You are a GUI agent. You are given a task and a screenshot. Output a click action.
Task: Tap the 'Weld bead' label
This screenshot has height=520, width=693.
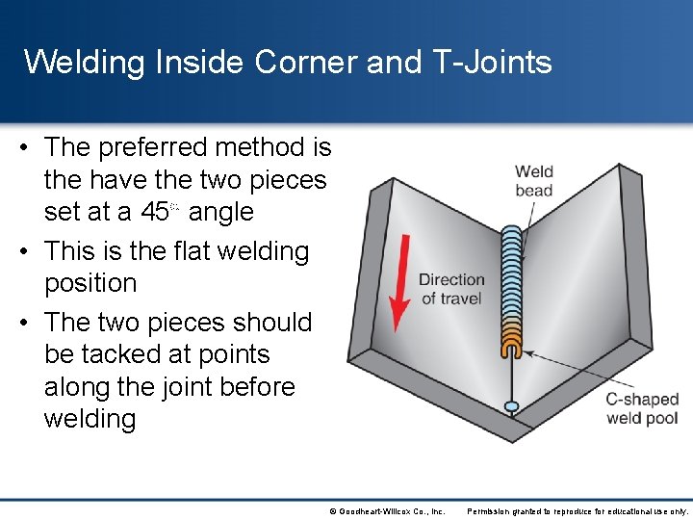(534, 181)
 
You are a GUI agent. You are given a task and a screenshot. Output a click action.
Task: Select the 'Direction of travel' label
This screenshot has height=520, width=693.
(451, 289)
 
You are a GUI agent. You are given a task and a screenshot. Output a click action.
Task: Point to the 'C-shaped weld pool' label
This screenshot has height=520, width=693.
(642, 408)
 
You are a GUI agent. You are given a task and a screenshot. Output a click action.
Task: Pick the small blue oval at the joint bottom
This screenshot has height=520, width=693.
(512, 407)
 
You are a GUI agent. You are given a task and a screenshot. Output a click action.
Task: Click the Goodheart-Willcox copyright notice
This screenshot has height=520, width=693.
(387, 511)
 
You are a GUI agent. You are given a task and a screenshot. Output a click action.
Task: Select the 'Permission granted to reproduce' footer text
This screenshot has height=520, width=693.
(577, 511)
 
